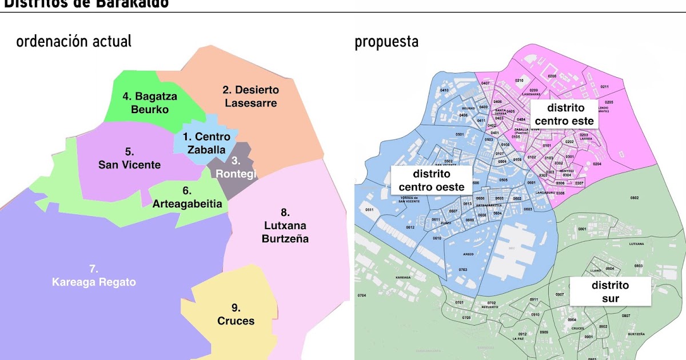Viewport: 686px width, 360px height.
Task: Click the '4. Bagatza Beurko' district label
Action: (150, 103)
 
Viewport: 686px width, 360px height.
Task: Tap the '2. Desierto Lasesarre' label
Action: (250, 97)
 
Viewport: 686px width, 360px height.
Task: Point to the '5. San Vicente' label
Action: (129, 158)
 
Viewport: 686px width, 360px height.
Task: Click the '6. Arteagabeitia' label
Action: (187, 197)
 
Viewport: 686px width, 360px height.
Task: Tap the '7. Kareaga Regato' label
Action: (94, 275)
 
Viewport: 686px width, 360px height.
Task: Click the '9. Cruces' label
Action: (236, 314)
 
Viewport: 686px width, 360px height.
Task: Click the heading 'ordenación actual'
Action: (74, 42)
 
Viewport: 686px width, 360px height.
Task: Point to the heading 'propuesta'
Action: (386, 42)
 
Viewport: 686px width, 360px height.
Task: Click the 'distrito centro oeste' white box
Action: (432, 180)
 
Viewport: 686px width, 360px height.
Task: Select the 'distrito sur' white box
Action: (610, 291)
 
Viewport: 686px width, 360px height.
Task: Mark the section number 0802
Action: (634, 198)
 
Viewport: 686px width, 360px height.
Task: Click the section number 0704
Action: (361, 295)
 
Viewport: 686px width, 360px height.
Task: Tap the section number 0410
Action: (444, 90)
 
